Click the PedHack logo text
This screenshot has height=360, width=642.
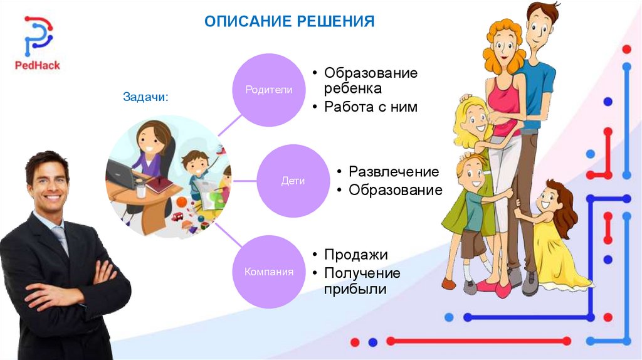(37, 65)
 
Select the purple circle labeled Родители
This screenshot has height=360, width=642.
(268, 90)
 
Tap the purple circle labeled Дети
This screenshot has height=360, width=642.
(293, 181)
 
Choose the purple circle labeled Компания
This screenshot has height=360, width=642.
(268, 272)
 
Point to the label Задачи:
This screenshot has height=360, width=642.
(145, 97)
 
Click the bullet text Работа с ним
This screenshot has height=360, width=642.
(371, 107)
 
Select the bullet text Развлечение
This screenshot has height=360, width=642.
(394, 172)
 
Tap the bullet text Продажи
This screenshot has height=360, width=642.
(356, 255)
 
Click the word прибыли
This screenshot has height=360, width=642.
(355, 289)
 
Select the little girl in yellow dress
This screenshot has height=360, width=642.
(550, 235)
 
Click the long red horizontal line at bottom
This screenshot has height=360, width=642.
(478, 341)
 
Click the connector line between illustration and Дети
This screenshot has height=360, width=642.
(244, 181)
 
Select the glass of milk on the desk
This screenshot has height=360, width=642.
(141, 191)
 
